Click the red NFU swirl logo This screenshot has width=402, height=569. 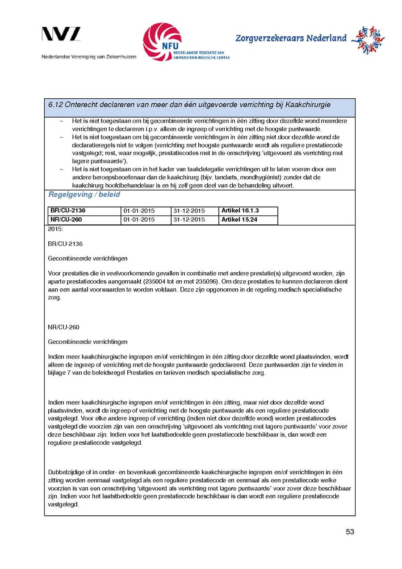point(162,42)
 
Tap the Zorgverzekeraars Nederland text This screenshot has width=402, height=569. point(291,38)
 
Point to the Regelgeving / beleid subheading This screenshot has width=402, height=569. point(84,195)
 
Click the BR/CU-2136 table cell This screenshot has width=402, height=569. point(68,211)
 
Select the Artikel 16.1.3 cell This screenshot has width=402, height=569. point(240,211)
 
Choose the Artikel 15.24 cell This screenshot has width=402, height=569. point(239,219)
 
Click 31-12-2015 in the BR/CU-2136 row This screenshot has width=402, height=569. point(188,211)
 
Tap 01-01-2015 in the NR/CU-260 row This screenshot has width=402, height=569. point(139,219)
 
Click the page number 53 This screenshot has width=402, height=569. point(350,532)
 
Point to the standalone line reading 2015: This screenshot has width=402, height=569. point(55,229)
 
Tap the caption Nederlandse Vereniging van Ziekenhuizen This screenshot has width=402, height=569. point(89,57)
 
